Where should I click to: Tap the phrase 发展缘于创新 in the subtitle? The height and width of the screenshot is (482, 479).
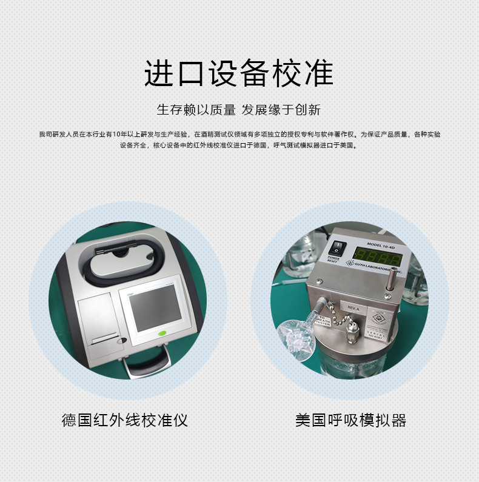click(x=281, y=110)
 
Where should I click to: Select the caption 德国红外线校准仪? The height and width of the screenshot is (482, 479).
click(x=125, y=420)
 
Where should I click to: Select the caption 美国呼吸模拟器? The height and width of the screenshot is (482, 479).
click(x=350, y=420)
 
